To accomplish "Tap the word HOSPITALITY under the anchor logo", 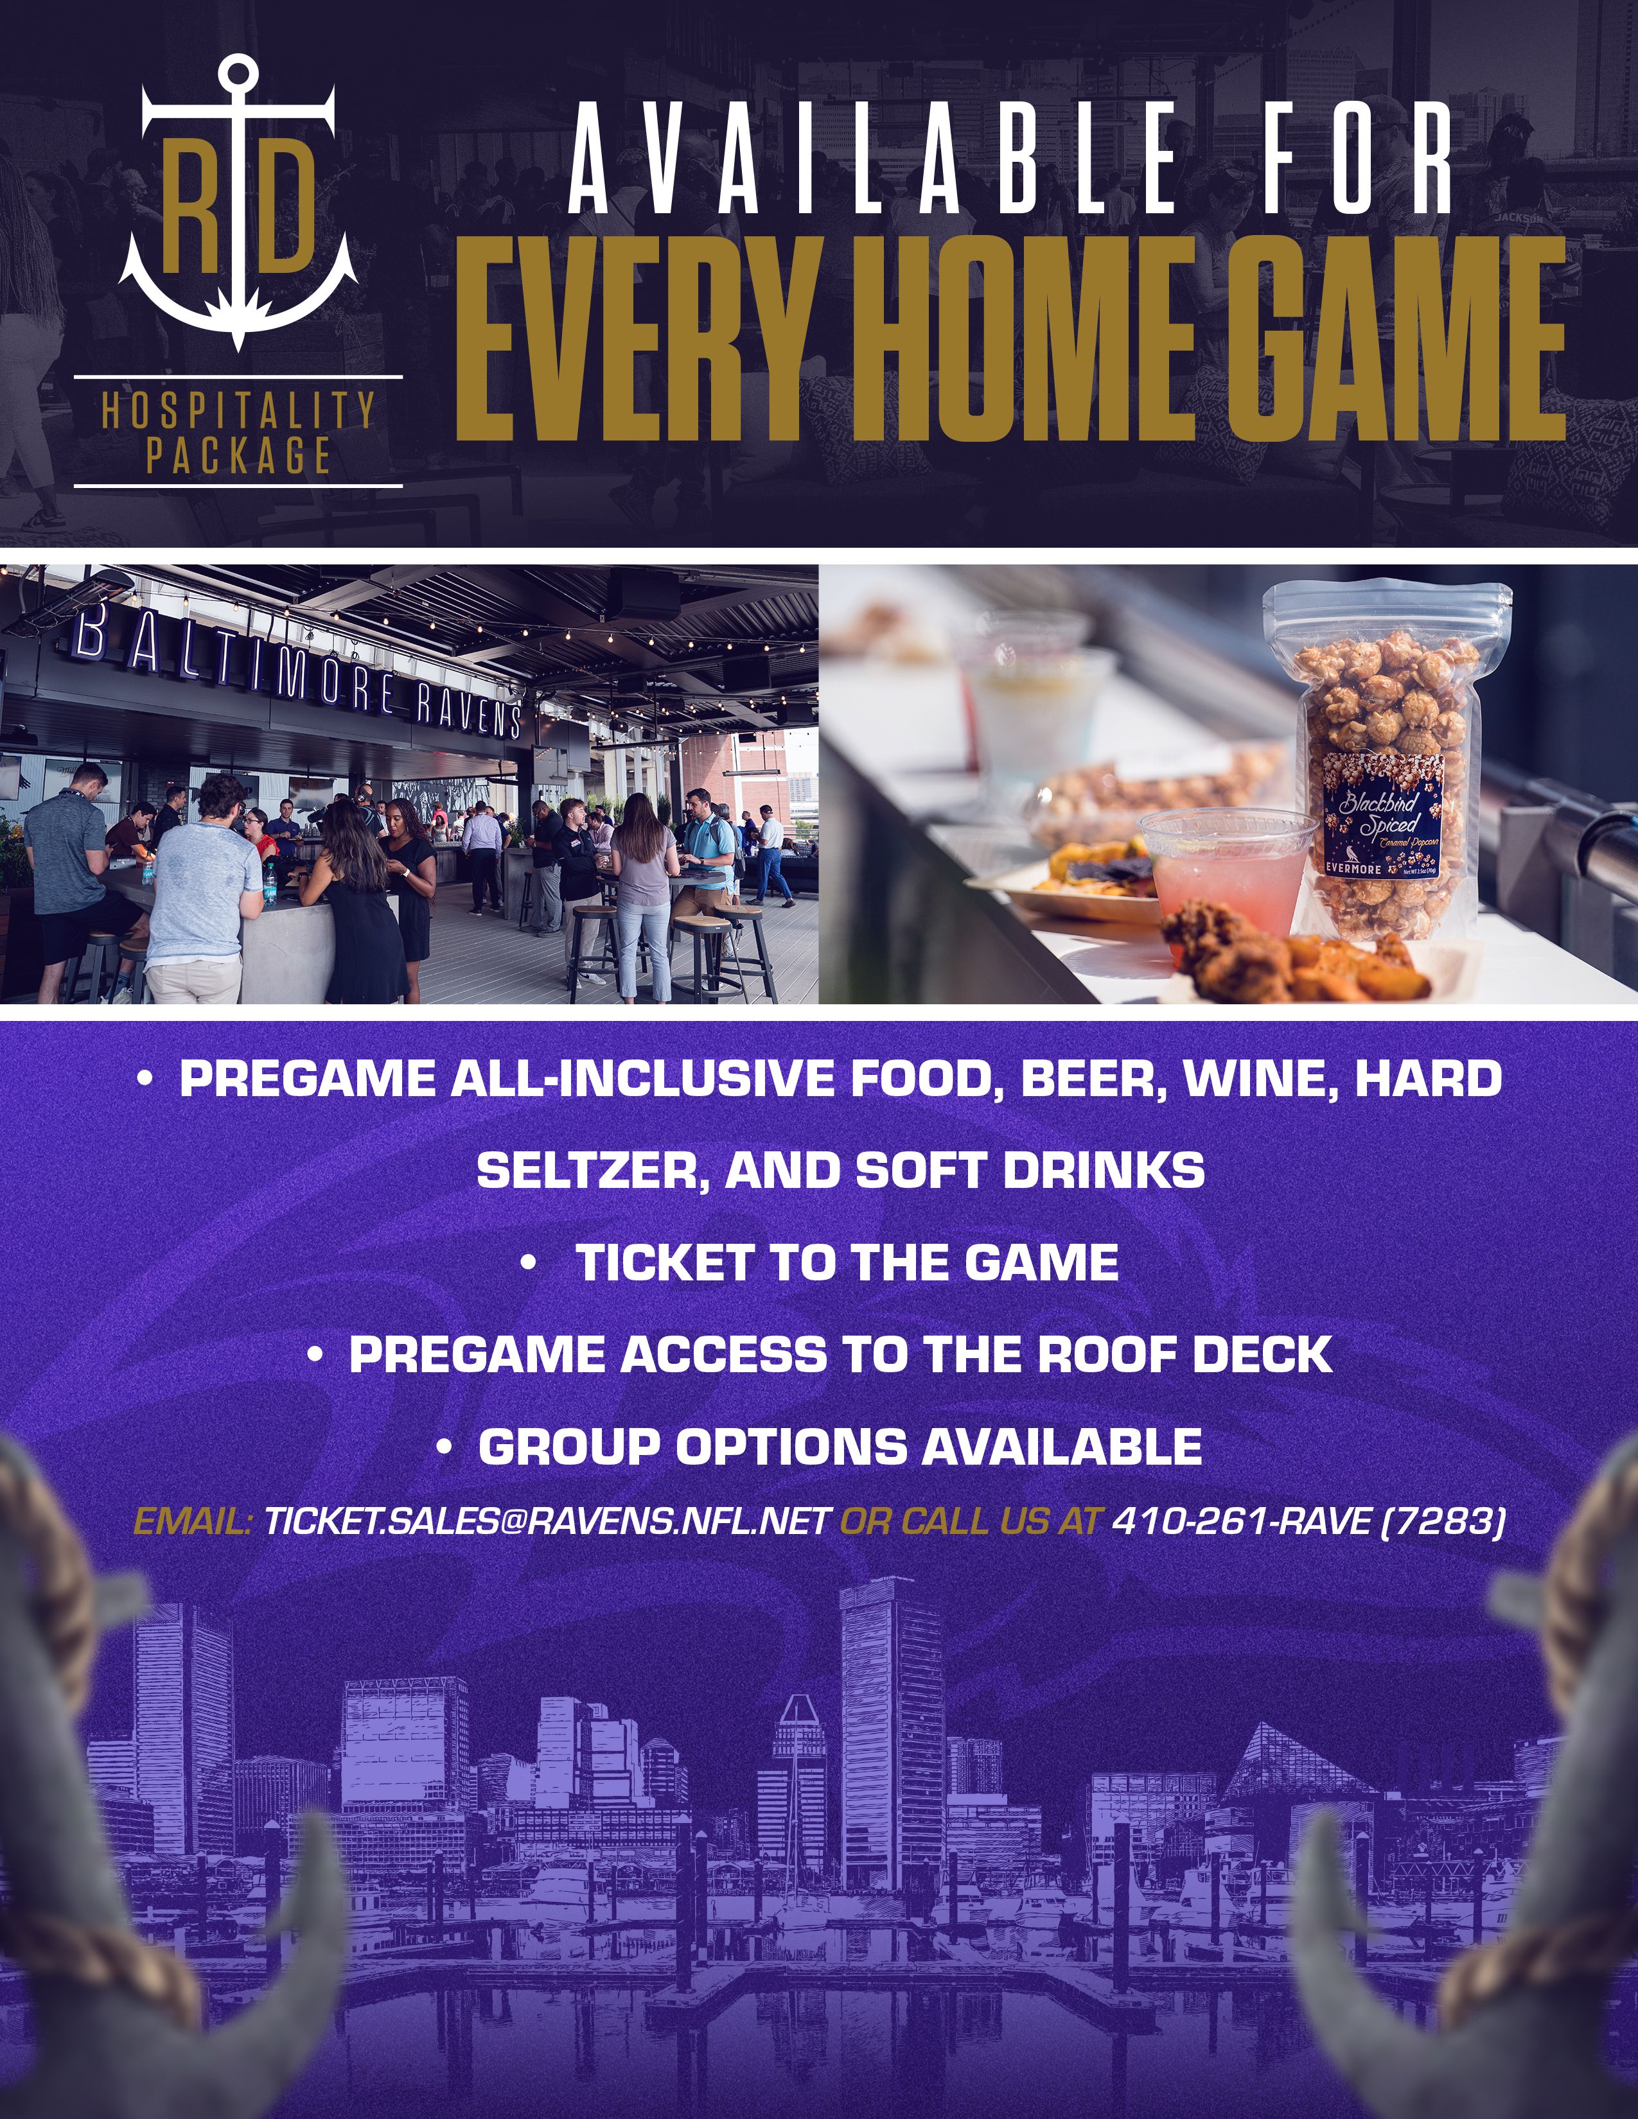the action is coord(238,410).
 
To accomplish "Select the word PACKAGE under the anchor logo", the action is coord(238,455).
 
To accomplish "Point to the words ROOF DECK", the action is coord(1185,1354).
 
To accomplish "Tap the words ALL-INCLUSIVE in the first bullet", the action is coord(640,1079).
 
